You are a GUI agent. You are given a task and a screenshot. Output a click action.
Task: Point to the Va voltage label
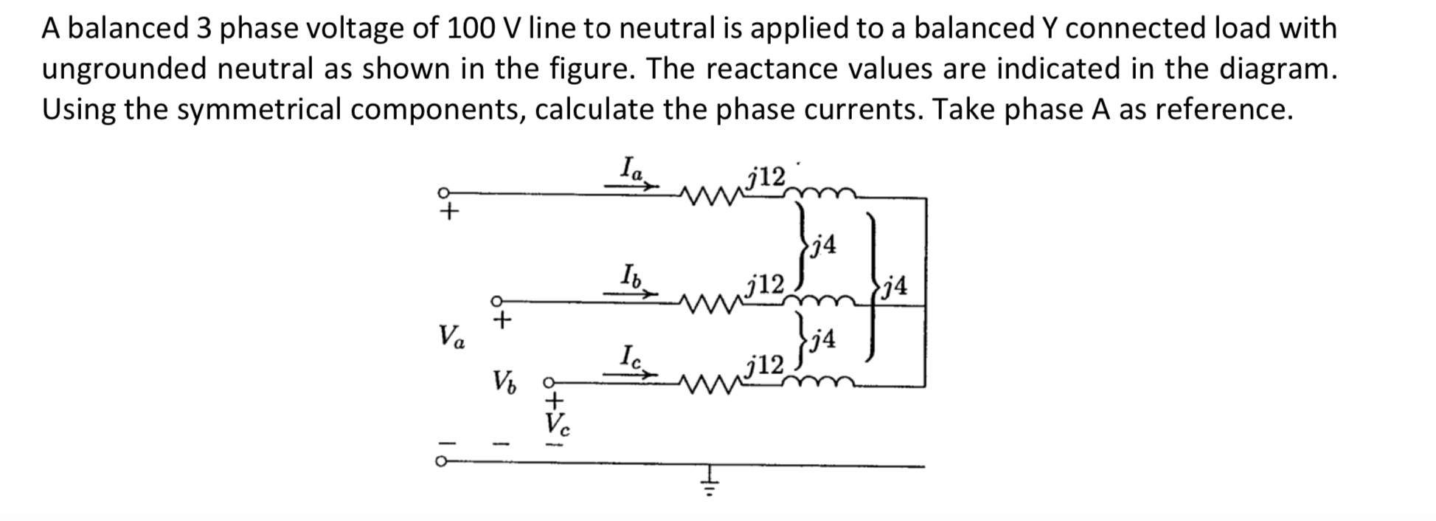coord(451,337)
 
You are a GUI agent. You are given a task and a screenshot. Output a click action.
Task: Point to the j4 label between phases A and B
coord(823,244)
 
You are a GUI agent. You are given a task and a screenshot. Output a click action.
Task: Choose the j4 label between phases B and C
coord(823,339)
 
